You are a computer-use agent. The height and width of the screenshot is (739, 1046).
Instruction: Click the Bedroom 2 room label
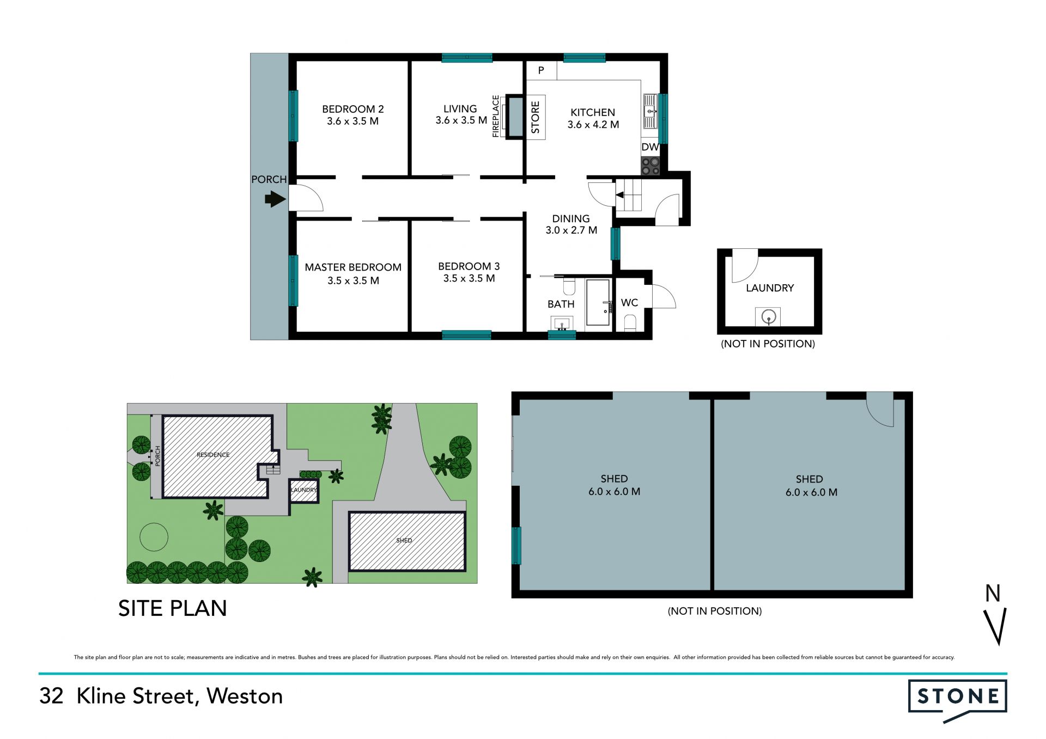(352, 115)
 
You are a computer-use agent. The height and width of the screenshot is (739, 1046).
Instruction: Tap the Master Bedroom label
(352, 273)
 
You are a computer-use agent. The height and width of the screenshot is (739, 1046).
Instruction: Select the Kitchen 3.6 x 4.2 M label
(593, 118)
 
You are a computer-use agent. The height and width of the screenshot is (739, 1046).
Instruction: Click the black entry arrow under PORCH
(275, 199)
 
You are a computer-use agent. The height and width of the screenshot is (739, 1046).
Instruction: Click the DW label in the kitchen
(649, 147)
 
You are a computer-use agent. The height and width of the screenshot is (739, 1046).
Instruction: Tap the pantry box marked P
(541, 70)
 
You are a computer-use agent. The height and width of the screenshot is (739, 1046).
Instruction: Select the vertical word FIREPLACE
(496, 116)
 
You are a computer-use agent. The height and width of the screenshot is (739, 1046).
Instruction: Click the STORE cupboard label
(536, 117)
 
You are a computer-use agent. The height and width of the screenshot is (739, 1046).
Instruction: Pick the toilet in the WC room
(630, 323)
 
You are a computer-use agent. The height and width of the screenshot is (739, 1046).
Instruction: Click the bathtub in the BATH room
(598, 303)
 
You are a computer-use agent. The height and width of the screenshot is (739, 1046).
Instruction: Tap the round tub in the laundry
(768, 316)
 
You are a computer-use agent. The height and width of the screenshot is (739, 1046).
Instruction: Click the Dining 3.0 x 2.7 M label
(571, 224)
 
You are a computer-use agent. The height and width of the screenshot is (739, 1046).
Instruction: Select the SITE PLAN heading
(172, 608)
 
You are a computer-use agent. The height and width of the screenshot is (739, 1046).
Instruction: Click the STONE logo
(957, 698)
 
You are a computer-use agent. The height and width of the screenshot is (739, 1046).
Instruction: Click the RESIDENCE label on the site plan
(213, 455)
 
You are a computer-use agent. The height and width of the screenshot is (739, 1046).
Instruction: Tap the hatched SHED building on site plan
(406, 541)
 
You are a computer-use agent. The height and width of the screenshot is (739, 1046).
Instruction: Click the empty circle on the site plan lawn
(154, 537)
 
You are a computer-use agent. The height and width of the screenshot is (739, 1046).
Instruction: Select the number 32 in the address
(51, 696)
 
